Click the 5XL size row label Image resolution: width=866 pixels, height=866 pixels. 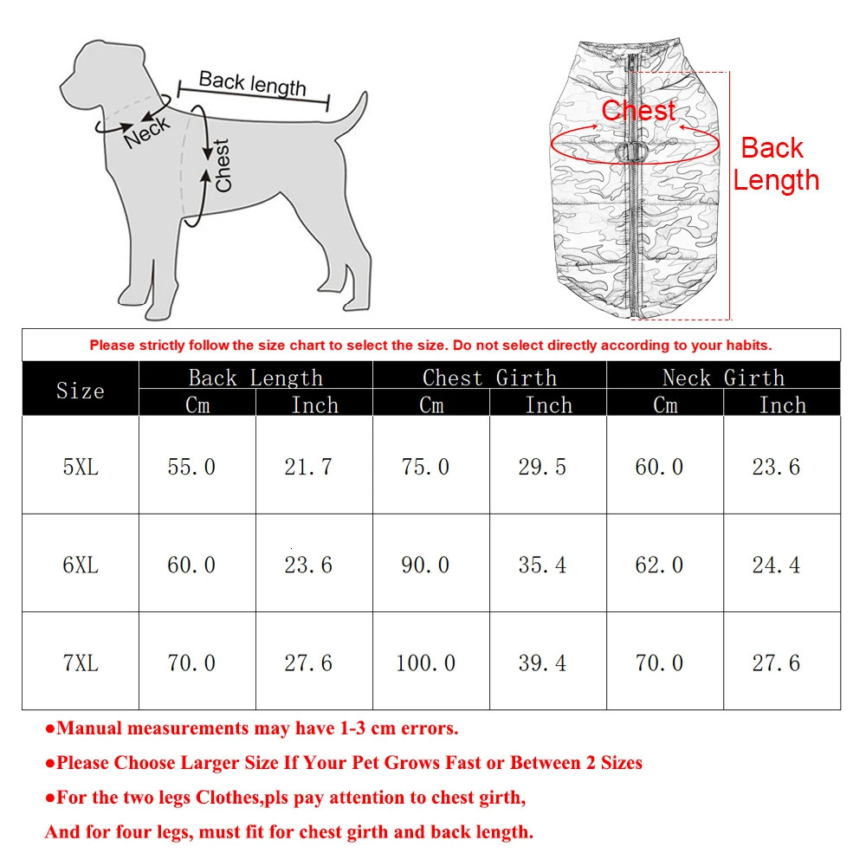pos(81,467)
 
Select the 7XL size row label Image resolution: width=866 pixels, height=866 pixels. pos(81,663)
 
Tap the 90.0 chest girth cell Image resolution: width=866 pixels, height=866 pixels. pos(425,565)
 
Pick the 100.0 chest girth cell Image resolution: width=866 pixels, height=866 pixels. pos(425,663)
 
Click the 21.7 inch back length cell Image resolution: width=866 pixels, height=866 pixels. pos(308,467)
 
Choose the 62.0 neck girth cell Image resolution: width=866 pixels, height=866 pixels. pos(659,565)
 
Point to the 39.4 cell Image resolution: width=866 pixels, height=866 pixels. pos(542,663)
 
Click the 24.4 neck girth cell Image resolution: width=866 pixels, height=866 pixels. pos(776,565)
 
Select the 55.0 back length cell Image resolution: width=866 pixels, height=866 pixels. pos(191,467)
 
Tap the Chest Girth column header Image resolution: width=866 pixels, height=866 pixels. pos(489,378)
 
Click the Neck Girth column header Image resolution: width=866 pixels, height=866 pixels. pos(723,378)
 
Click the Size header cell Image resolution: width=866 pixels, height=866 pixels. pos(81,391)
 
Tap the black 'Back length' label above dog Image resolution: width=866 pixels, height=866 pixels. pos(252,83)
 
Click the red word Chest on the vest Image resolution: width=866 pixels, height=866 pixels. pos(638,111)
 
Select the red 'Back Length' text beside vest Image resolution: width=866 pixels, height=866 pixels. pos(774,165)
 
